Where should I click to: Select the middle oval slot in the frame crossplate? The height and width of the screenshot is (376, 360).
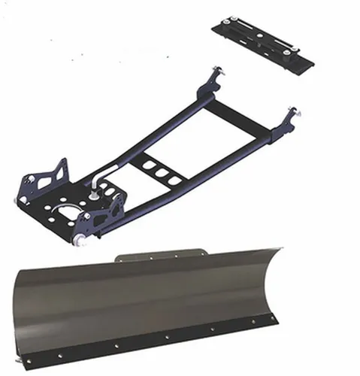(160, 172)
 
